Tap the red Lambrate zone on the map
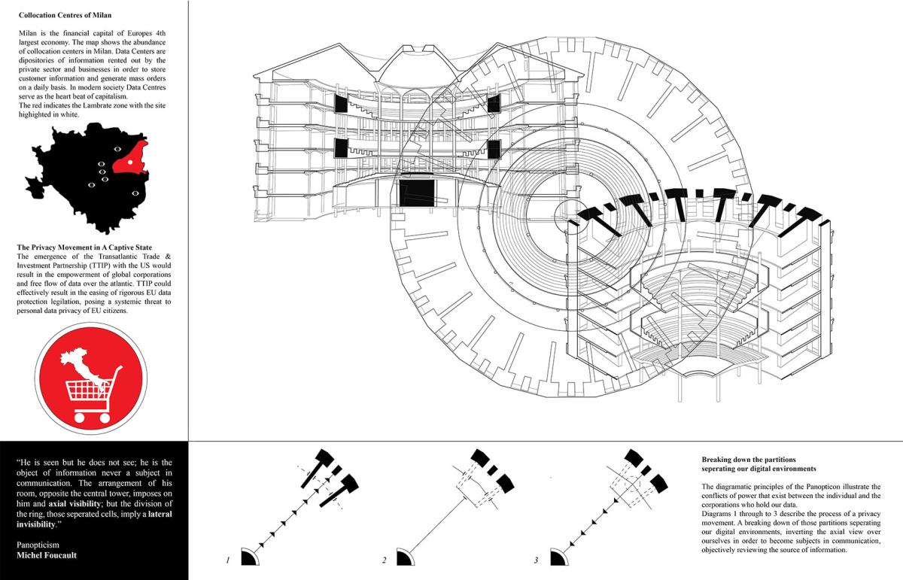tap(129, 158)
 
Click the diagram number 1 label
tap(227, 560)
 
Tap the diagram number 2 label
tap(384, 560)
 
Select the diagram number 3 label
tap(537, 560)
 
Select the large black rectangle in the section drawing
tap(417, 192)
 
